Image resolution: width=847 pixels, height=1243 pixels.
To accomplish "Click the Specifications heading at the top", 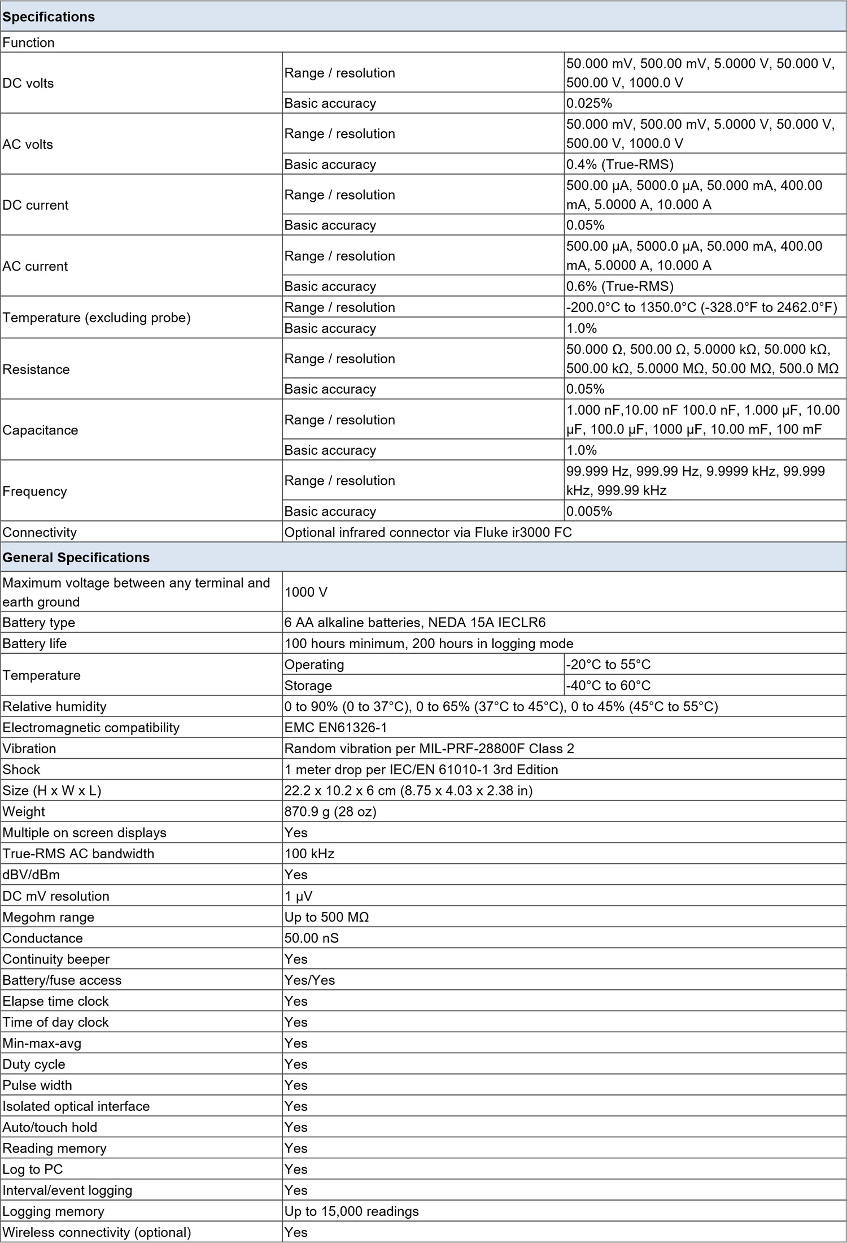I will click(49, 17).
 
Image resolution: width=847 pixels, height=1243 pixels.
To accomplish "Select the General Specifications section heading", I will click(76, 558).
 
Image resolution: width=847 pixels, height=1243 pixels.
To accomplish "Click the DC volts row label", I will click(28, 83).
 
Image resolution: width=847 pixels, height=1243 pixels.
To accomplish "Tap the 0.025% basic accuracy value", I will click(590, 103).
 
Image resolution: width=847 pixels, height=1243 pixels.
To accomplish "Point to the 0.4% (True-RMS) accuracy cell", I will click(620, 164).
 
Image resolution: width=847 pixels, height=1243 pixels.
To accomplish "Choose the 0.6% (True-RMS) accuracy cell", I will click(620, 286).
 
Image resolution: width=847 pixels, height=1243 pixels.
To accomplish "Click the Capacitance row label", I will click(40, 430).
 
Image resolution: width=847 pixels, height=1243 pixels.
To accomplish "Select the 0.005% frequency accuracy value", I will click(590, 511).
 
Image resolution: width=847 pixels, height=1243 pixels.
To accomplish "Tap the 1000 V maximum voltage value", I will click(306, 592).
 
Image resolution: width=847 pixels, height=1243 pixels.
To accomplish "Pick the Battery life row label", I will click(34, 644).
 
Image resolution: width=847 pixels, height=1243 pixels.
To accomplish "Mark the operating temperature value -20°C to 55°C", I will click(609, 664).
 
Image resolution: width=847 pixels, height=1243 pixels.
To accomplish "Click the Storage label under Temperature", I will click(308, 685).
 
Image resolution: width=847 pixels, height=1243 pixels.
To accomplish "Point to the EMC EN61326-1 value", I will click(336, 728).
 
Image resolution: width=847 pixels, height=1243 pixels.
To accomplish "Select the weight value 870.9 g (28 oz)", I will click(330, 812).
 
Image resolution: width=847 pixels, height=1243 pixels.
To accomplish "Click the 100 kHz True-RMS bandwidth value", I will click(309, 854).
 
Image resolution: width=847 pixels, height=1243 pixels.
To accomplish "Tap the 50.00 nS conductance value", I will click(312, 938).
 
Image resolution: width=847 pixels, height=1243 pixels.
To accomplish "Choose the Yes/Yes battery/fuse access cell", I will click(309, 980).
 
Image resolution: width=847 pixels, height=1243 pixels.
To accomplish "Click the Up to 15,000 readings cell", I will click(352, 1211).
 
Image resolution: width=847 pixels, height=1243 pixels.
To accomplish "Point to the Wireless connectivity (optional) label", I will click(97, 1232).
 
